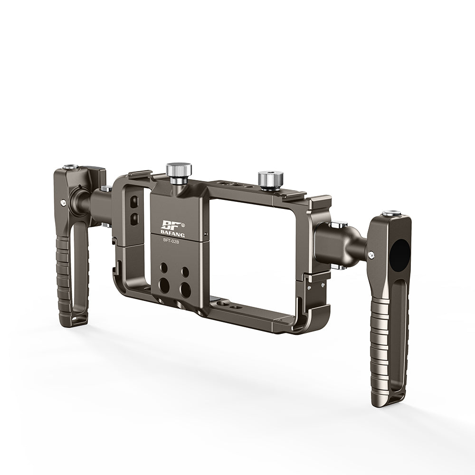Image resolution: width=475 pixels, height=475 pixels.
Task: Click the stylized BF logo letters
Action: pyautogui.click(x=171, y=225)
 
